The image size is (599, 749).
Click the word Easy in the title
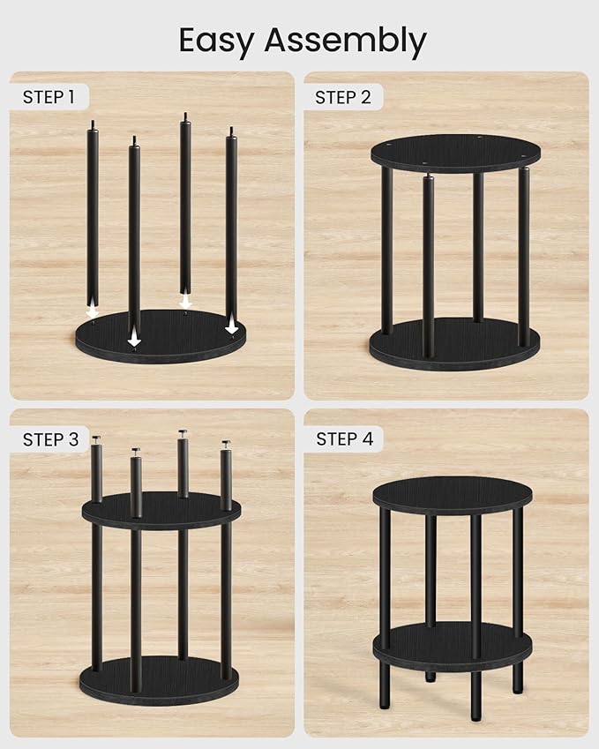coord(216,41)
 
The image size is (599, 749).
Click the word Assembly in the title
coord(347,41)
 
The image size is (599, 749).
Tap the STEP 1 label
coord(49,97)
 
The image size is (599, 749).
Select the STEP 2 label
coord(343,97)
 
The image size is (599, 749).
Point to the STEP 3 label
coord(50,438)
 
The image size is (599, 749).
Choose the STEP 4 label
coord(344,438)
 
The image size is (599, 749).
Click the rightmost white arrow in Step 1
coord(232,326)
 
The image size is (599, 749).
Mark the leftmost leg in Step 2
coord(386,247)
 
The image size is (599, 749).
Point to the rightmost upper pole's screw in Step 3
coord(226,445)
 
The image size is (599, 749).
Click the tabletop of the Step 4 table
coord(452,494)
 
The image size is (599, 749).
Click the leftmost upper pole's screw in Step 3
coord(95,438)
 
